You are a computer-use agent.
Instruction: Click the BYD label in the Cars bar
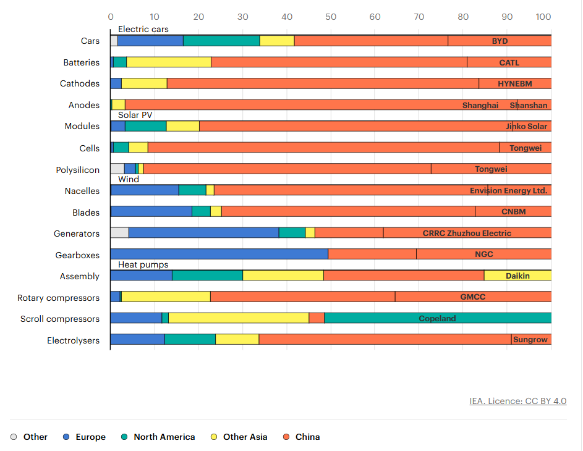(x=500, y=41)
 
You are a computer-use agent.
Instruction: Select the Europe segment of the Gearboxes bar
(x=219, y=254)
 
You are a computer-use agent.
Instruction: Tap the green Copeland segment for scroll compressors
(x=437, y=319)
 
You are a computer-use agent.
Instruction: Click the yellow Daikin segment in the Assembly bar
(x=517, y=276)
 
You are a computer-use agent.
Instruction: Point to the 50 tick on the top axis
(x=331, y=17)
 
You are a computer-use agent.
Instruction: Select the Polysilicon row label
(x=77, y=170)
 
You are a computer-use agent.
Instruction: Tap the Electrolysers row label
(x=73, y=340)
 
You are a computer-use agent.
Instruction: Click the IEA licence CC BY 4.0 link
(x=517, y=401)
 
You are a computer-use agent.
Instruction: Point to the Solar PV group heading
(x=135, y=115)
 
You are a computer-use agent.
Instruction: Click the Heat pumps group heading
(x=143, y=264)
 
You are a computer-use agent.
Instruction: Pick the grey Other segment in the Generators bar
(x=119, y=233)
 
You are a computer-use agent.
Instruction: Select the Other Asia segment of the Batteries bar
(x=169, y=62)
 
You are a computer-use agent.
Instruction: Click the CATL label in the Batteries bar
(x=509, y=62)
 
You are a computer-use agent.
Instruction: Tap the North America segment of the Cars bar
(x=221, y=41)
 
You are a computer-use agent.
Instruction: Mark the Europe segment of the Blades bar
(x=151, y=212)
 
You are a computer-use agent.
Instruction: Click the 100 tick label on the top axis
(x=544, y=17)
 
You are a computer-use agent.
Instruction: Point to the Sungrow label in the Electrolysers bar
(x=530, y=340)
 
